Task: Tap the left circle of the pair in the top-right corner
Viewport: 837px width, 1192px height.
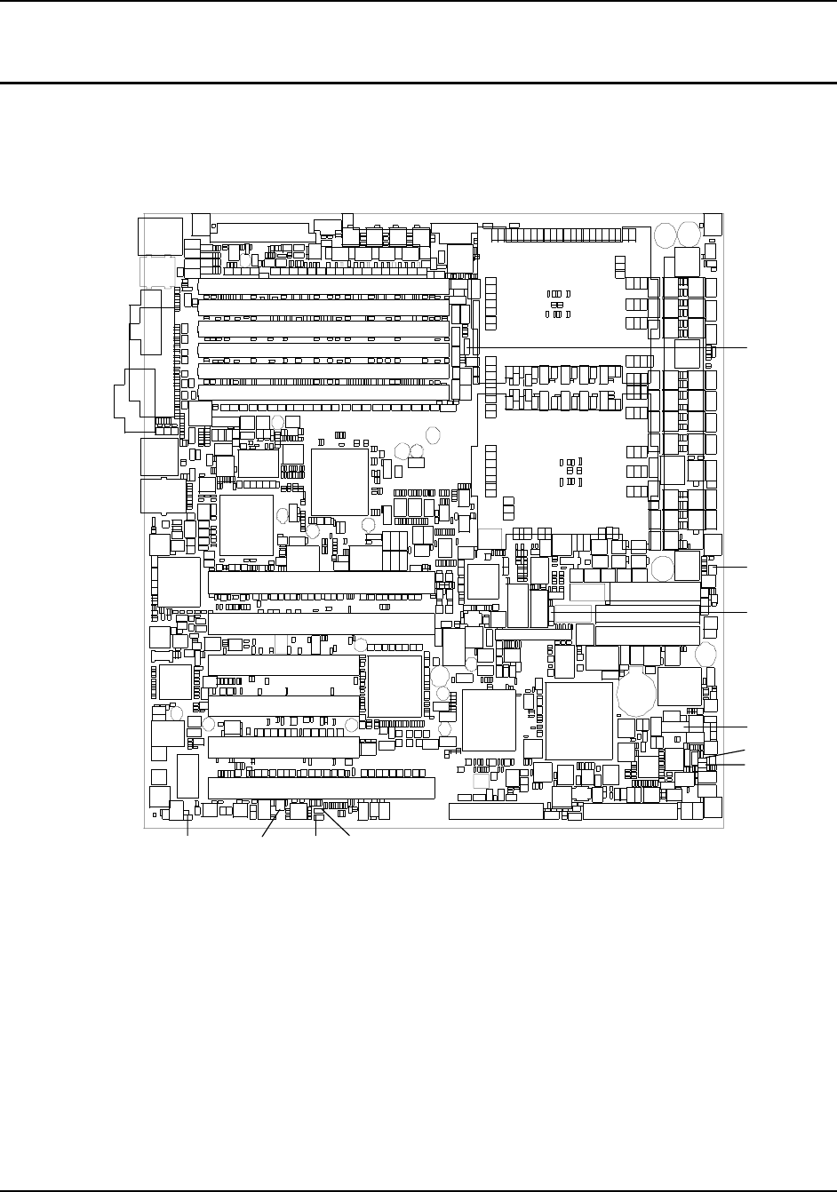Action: (665, 234)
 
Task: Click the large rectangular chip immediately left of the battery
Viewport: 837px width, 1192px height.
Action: (578, 720)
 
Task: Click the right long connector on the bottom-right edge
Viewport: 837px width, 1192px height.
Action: (630, 812)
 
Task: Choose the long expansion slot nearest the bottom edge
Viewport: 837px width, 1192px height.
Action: (321, 788)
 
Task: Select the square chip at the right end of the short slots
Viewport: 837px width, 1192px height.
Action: (395, 686)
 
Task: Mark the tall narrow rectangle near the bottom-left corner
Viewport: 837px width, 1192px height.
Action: (187, 776)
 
